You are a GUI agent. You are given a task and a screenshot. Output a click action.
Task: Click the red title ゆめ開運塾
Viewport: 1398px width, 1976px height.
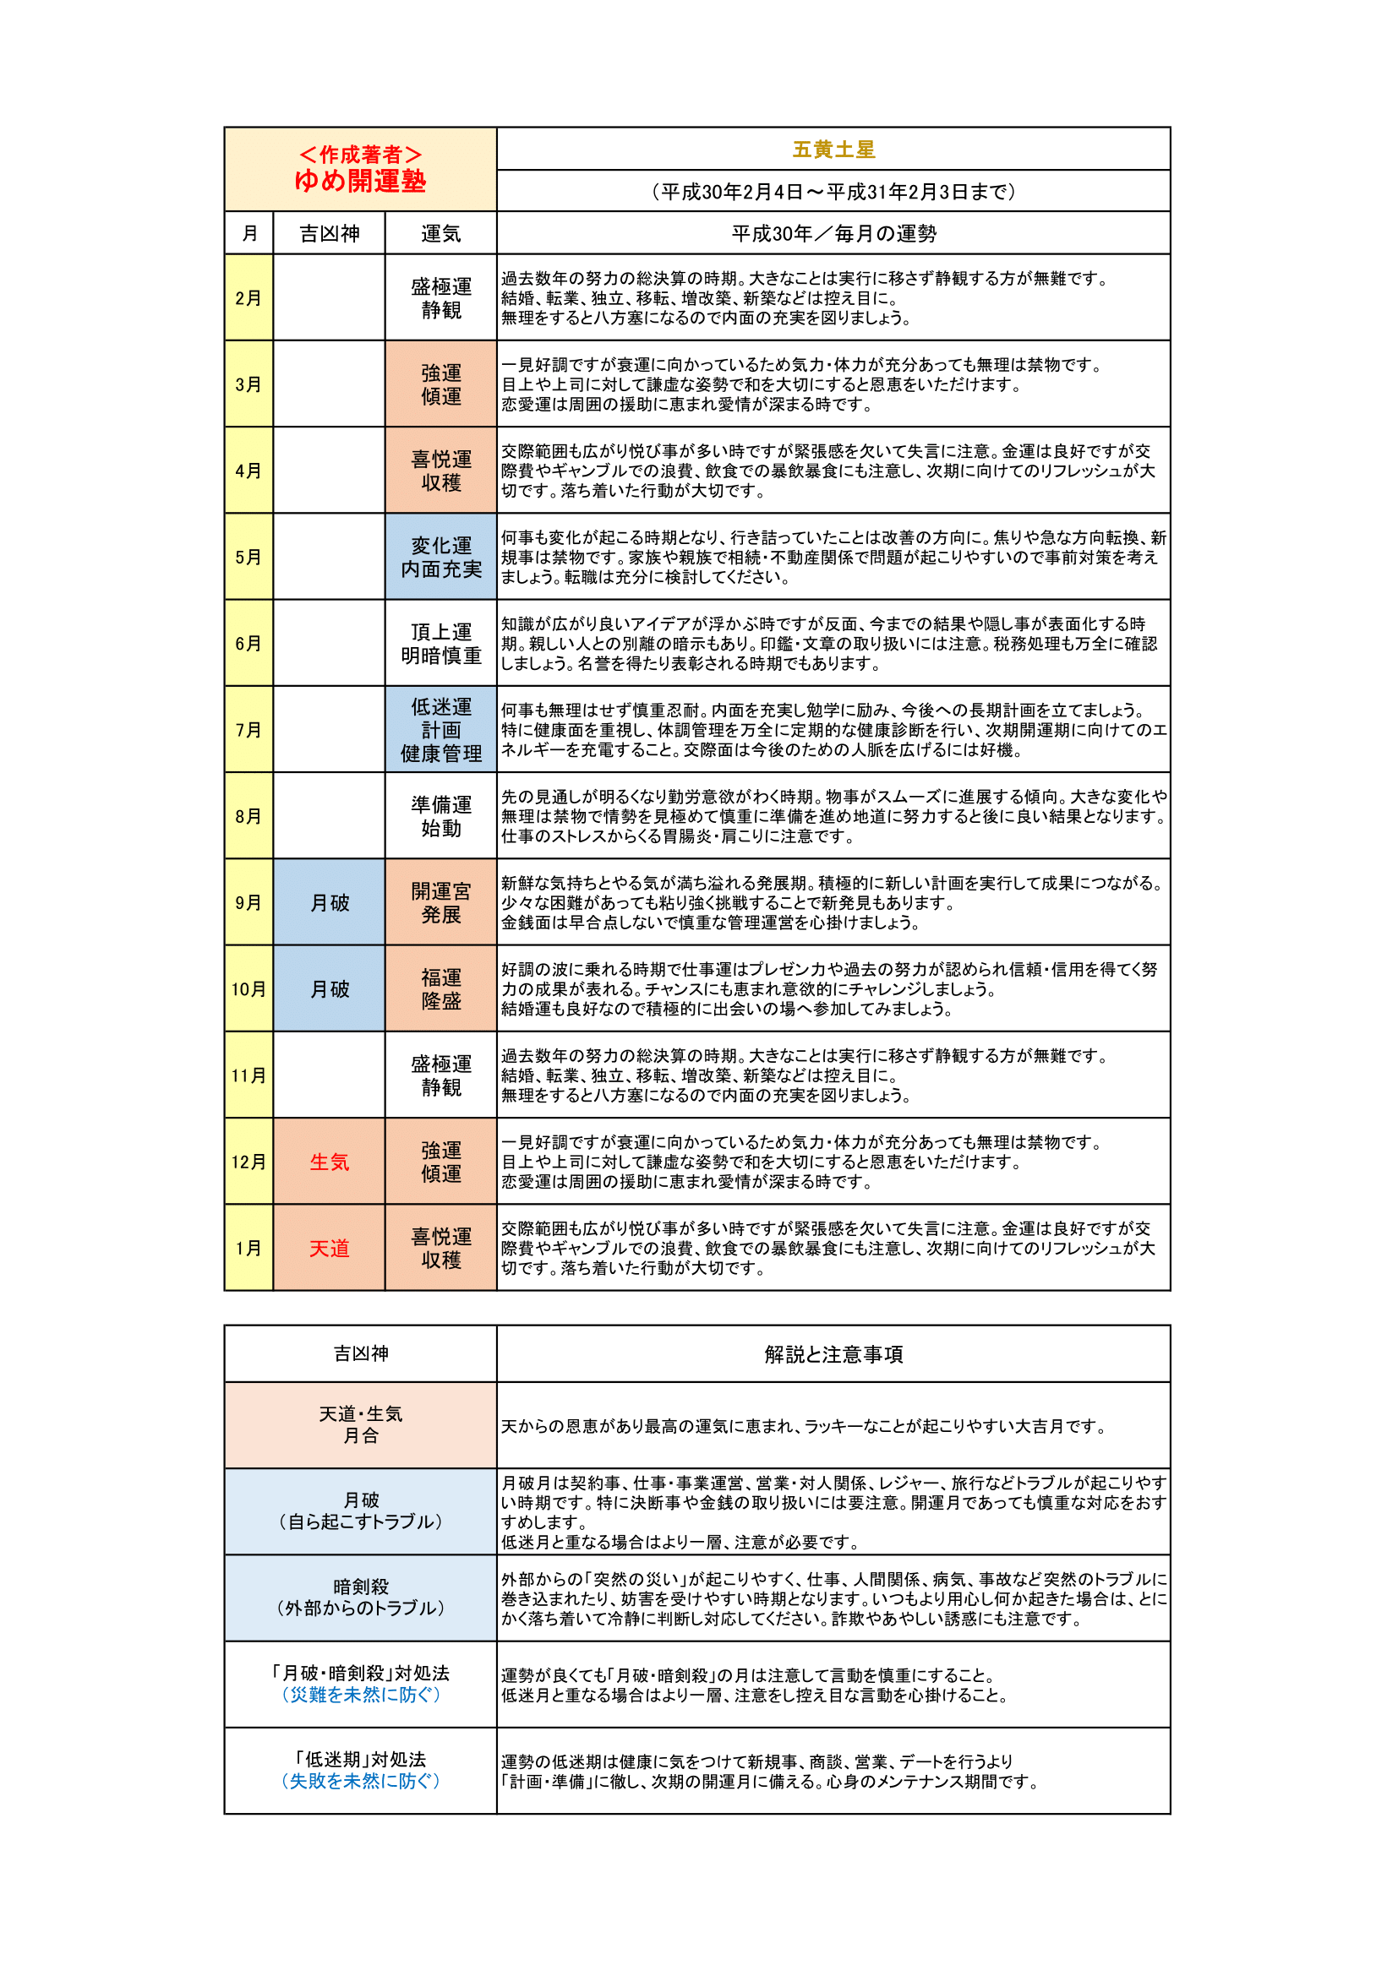click(360, 181)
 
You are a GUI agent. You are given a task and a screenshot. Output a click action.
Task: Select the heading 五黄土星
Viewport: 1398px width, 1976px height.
click(833, 150)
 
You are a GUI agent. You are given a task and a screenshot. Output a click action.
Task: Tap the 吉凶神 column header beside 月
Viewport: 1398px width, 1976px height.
click(329, 233)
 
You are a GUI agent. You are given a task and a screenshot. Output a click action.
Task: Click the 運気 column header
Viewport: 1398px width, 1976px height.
click(440, 233)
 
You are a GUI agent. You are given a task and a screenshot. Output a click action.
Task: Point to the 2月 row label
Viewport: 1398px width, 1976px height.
click(248, 297)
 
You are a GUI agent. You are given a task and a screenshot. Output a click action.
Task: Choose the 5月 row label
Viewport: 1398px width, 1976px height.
click(248, 557)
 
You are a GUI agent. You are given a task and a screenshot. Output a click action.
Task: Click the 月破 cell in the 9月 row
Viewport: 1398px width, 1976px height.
click(329, 903)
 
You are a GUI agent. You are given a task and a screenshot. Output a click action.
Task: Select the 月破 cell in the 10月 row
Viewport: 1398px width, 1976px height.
click(329, 989)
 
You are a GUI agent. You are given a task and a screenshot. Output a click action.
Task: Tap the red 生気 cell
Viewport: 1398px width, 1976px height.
click(329, 1162)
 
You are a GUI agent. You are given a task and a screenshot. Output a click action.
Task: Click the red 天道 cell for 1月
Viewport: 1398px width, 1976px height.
click(329, 1248)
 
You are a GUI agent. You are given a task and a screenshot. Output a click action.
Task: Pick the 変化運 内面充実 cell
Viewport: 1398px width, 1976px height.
click(440, 557)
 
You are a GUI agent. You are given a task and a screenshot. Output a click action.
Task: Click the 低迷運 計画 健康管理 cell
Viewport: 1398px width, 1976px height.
click(440, 730)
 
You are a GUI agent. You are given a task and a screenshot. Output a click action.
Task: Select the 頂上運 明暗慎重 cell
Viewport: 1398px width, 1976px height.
click(440, 644)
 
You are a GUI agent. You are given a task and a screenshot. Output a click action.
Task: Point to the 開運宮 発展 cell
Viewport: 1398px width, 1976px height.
click(440, 903)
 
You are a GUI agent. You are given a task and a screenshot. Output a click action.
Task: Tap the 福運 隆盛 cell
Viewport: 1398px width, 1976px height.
click(440, 989)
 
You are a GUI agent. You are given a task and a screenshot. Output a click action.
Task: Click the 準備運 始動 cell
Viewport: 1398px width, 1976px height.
click(440, 816)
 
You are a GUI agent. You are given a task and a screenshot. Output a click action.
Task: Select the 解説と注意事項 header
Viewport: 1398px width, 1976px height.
click(833, 1354)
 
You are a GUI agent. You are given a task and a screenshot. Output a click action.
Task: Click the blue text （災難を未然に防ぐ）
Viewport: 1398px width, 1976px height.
click(361, 1695)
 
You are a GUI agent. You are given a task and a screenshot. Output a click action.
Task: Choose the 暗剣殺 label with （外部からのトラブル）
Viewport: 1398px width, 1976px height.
click(361, 1598)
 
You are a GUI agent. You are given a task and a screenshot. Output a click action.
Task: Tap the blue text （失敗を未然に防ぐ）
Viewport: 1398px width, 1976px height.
click(361, 1781)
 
